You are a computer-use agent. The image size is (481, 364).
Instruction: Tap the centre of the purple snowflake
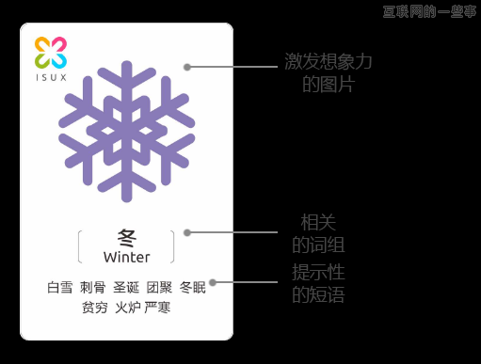coord(127,132)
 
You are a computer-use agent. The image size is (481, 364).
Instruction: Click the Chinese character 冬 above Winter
coord(127,239)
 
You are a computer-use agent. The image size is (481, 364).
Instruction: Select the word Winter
coord(127,257)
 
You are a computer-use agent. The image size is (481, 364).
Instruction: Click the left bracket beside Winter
coord(81,246)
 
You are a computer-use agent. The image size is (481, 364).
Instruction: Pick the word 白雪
coord(59,288)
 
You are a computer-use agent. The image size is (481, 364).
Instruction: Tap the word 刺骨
coord(92,288)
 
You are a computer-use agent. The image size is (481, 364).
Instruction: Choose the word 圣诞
coord(126,288)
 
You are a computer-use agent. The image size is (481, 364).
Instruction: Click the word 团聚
coord(160,288)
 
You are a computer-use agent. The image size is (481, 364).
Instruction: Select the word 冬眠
coord(193,288)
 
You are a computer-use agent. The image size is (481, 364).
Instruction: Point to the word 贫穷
coord(94,308)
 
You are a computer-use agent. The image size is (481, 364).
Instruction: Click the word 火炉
coord(126,308)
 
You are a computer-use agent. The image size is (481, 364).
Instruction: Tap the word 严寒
coord(158,308)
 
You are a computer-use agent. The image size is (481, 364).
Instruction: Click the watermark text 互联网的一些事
coord(429,11)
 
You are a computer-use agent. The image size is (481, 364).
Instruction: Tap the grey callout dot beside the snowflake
coord(187,67)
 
